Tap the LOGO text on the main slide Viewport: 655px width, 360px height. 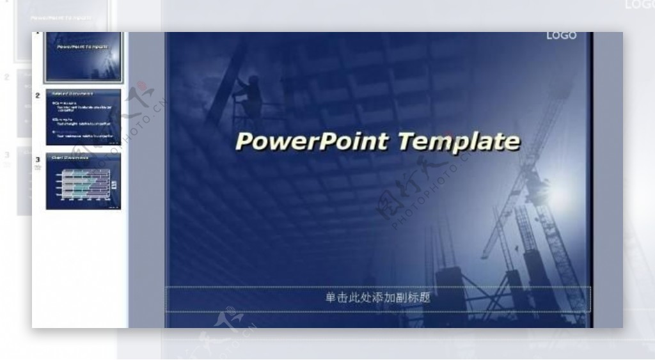tap(561, 36)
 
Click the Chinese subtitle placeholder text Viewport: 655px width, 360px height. tap(377, 298)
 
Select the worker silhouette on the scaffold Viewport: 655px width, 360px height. tap(250, 96)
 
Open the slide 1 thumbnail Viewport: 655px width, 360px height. tap(83, 56)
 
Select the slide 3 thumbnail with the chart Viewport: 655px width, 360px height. tap(83, 181)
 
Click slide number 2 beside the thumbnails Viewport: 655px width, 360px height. tap(38, 96)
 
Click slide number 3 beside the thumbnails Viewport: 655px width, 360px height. tap(38, 159)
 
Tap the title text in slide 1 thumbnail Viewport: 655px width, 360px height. tap(83, 47)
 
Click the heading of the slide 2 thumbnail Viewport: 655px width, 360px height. tap(72, 94)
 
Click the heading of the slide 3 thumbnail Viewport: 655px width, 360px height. tap(69, 157)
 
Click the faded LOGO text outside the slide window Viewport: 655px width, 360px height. tap(639, 5)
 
